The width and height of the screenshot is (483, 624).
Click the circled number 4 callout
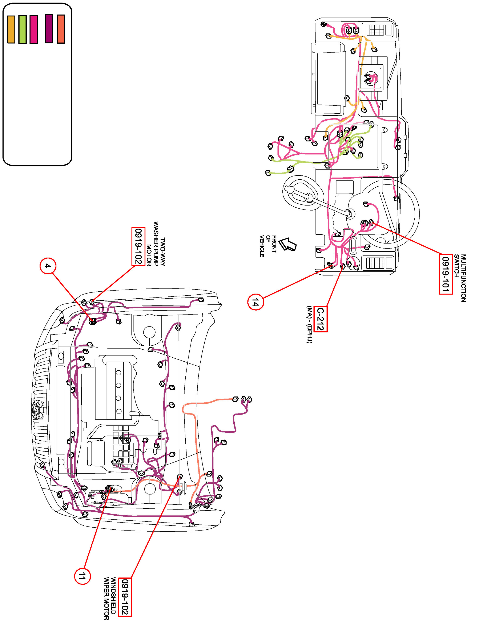pos(48,266)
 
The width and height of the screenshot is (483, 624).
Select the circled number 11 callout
pos(82,576)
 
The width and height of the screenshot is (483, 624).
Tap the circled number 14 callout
pos(255,302)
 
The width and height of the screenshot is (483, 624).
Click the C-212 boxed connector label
pos(321,319)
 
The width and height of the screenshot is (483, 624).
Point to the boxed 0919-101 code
pos(446,274)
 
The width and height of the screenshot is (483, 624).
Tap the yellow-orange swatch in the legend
pos(11,29)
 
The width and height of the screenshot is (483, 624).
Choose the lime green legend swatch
pos(22,29)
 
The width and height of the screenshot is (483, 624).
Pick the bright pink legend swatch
pos(33,29)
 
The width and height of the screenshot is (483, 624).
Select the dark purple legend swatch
pos(49,29)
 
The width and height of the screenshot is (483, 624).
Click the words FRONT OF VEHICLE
pos(268,246)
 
